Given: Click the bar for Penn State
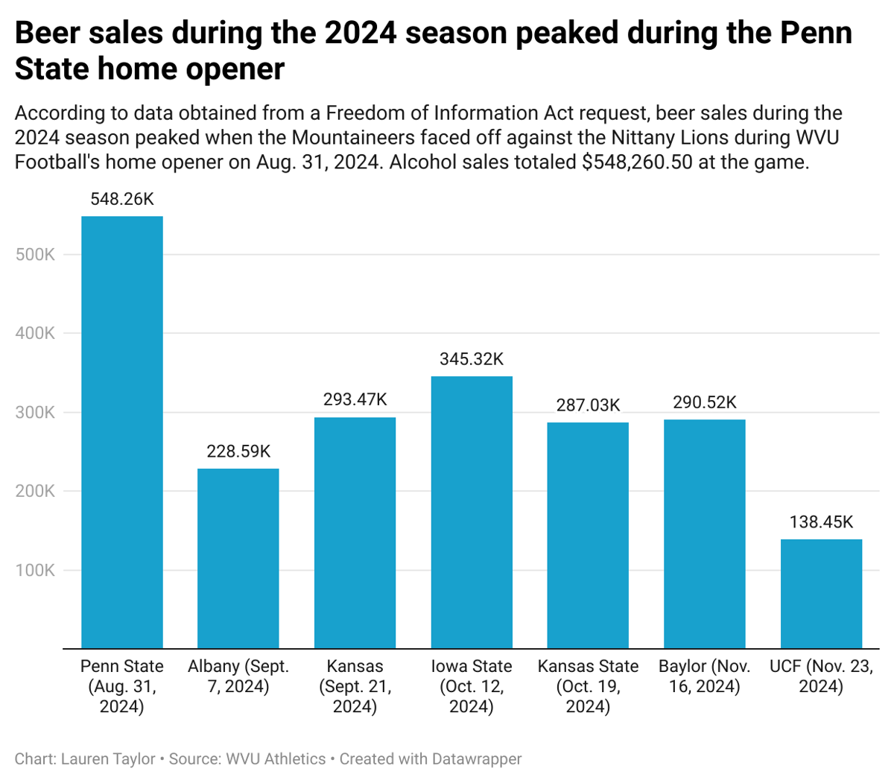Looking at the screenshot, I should [121, 432].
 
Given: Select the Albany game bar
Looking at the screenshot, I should [238, 558].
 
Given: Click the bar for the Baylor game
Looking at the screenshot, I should [704, 533].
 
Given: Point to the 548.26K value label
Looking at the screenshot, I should [122, 199].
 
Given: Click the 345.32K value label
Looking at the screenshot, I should [472, 359].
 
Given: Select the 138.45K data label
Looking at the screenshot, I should [821, 522].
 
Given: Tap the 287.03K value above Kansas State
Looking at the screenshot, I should [588, 405].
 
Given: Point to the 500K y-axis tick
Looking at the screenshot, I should [35, 254].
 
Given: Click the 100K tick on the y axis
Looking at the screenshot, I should [35, 570].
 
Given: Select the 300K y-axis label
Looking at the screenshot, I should [35, 412].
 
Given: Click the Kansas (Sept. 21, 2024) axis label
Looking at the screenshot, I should [355, 685].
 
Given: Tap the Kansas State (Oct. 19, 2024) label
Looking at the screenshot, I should [588, 685].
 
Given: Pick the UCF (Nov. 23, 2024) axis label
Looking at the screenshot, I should [821, 676].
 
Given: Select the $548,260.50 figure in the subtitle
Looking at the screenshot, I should [638, 162].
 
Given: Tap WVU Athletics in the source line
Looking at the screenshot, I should [276, 759].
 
